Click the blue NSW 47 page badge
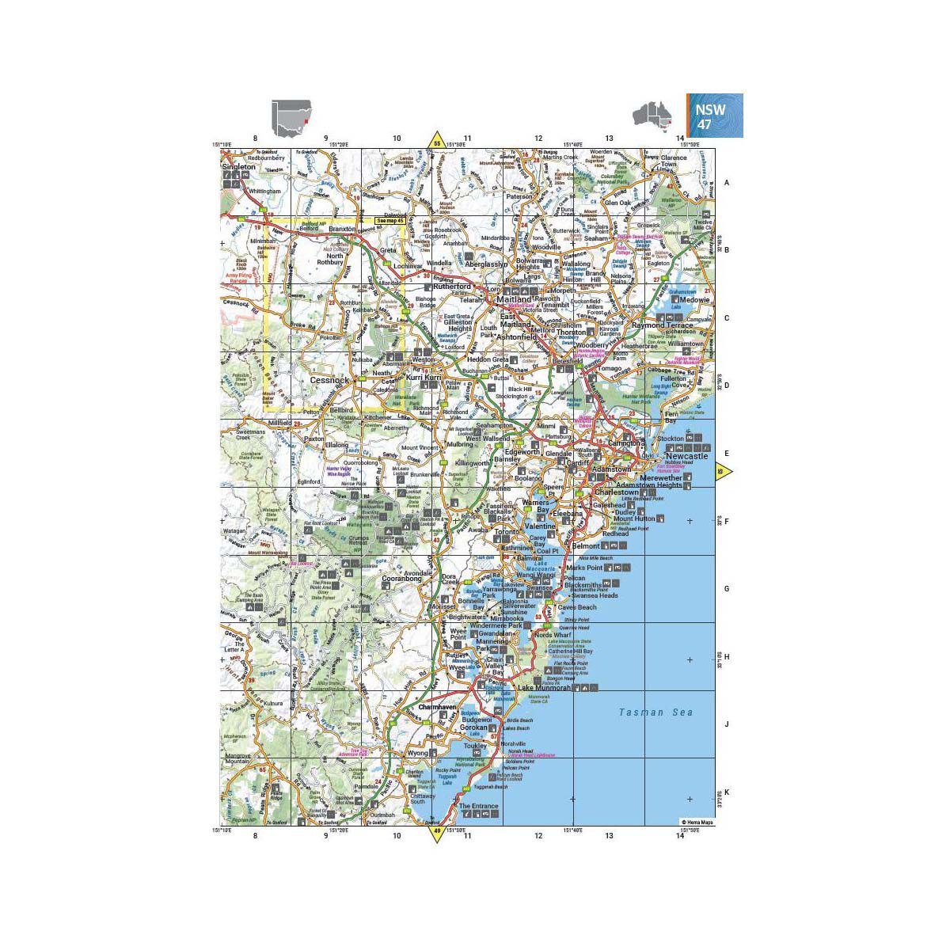715,115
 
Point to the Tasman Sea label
656,712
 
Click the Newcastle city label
686,457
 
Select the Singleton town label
240,167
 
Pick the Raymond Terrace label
662,325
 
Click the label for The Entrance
479,806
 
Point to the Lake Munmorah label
544,688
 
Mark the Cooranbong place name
402,579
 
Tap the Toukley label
475,746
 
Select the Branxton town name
343,228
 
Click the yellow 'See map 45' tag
389,221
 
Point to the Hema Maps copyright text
697,823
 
